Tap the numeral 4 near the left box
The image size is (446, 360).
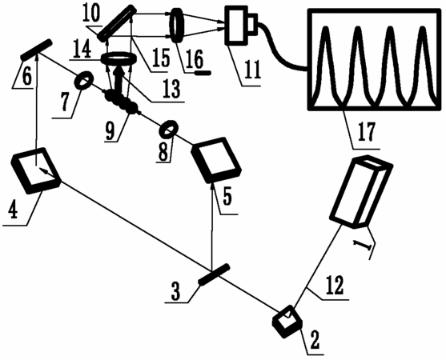pyautogui.click(x=13, y=211)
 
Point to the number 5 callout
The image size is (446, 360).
pyautogui.click(x=227, y=198)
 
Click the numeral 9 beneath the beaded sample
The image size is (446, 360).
pyautogui.click(x=110, y=132)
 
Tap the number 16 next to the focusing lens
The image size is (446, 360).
pyautogui.click(x=194, y=60)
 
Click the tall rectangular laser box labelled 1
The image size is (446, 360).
pyautogui.click(x=361, y=191)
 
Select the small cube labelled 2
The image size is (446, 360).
pyautogui.click(x=287, y=322)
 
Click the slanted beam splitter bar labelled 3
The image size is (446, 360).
pyautogui.click(x=214, y=274)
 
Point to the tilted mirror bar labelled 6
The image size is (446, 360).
pyautogui.click(x=36, y=50)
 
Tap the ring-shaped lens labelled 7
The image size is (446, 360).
pyautogui.click(x=83, y=81)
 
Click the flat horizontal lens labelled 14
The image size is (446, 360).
pyautogui.click(x=119, y=58)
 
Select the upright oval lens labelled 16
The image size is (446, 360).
pyautogui.click(x=177, y=26)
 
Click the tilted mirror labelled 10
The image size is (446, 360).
pyautogui.click(x=116, y=23)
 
